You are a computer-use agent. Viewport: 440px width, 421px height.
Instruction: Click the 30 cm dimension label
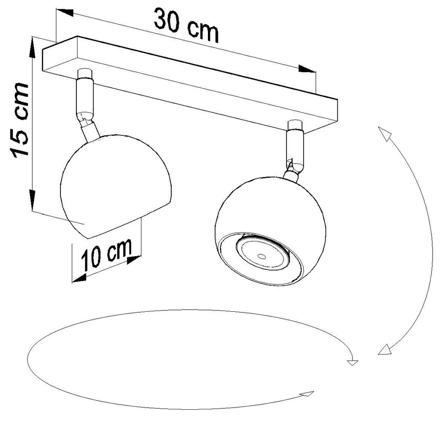click(x=186, y=25)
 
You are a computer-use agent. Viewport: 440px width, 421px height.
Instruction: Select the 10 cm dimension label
click(x=107, y=253)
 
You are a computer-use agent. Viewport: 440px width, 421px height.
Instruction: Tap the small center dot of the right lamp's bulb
click(x=261, y=256)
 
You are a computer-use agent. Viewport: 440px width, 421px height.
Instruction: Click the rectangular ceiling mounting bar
click(x=190, y=82)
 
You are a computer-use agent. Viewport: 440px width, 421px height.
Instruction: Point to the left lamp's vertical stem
click(x=84, y=97)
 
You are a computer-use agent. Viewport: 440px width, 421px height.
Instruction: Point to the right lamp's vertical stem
click(x=295, y=146)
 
